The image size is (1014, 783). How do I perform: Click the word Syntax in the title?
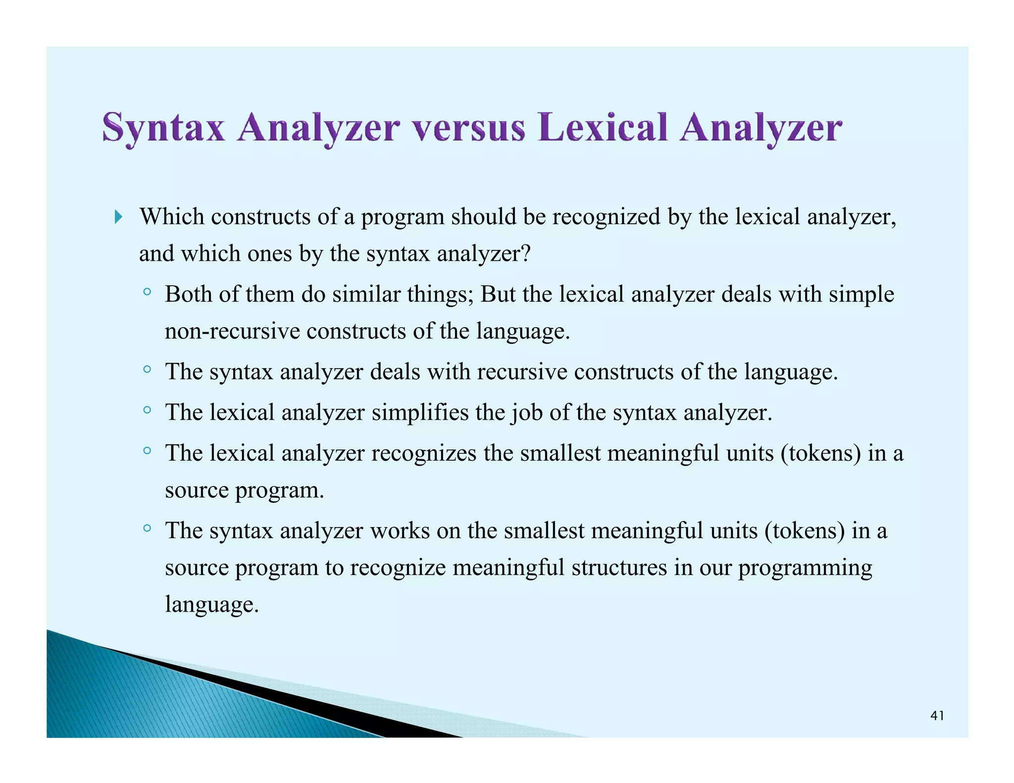[x=163, y=128]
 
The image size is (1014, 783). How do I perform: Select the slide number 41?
[x=937, y=716]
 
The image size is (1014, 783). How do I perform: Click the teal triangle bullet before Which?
[x=118, y=217]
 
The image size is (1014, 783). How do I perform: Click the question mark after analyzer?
[x=526, y=253]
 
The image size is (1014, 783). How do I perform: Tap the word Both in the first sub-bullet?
[x=188, y=294]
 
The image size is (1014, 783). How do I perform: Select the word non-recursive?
[x=232, y=331]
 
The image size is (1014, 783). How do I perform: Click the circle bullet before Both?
[x=147, y=292]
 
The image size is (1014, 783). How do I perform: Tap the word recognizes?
[x=424, y=453]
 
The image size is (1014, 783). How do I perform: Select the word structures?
[x=619, y=567]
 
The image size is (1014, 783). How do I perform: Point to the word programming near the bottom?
[x=805, y=568]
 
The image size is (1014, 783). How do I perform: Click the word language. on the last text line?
[x=212, y=605]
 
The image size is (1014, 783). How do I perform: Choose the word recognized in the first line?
[x=606, y=217]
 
